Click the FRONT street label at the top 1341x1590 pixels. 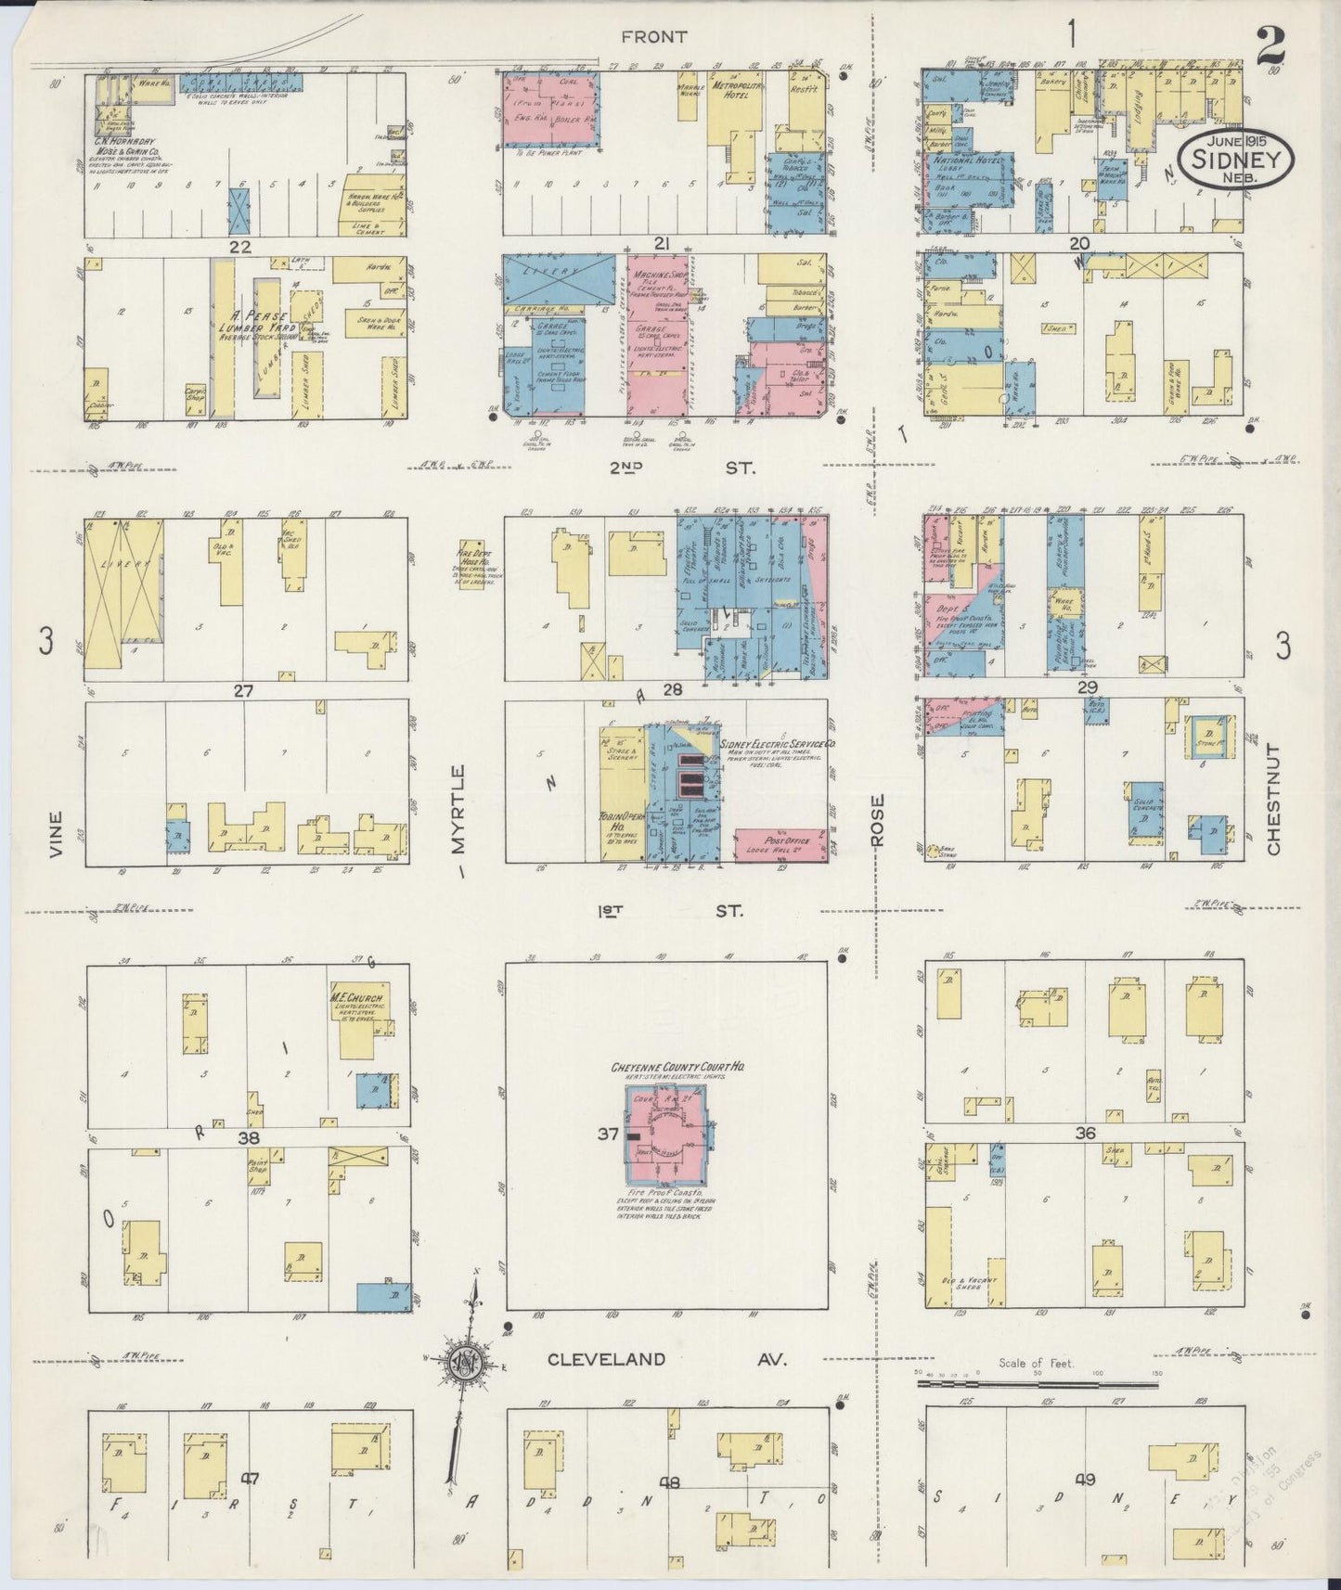654,37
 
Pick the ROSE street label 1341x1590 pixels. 878,820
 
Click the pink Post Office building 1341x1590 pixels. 780,843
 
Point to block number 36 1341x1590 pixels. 1085,1133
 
